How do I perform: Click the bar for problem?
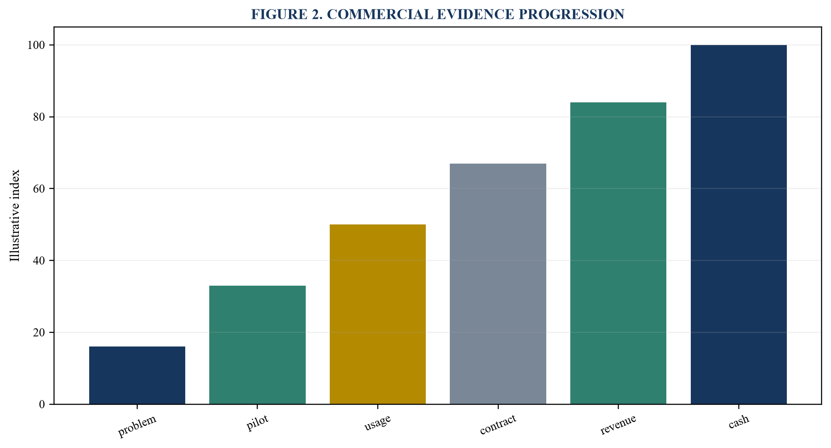137,375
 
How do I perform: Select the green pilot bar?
257,345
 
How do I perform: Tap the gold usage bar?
378,314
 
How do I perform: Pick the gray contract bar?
498,284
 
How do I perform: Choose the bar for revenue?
618,253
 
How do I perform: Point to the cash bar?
739,224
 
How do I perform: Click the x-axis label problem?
138,426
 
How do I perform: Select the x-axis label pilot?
258,423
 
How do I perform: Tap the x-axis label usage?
378,423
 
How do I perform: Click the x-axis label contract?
498,424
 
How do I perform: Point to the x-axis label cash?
739,421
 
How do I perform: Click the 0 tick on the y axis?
42,404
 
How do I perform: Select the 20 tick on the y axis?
39,332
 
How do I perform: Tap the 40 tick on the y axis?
39,260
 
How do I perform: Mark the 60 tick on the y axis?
39,189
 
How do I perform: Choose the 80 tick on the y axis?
39,117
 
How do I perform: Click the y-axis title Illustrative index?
15,215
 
